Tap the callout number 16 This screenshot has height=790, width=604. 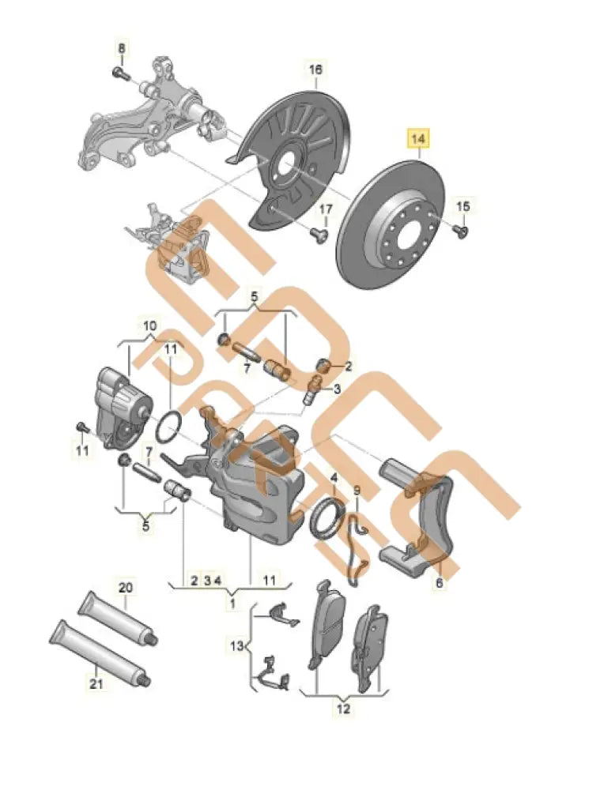tap(315, 70)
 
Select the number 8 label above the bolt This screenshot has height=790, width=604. tap(122, 50)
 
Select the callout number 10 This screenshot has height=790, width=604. tap(149, 325)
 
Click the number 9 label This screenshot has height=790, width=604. tap(357, 491)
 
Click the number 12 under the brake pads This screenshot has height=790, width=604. tap(342, 709)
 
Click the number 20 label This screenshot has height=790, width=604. tap(126, 587)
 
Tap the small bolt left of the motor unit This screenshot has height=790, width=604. tap(80, 427)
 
